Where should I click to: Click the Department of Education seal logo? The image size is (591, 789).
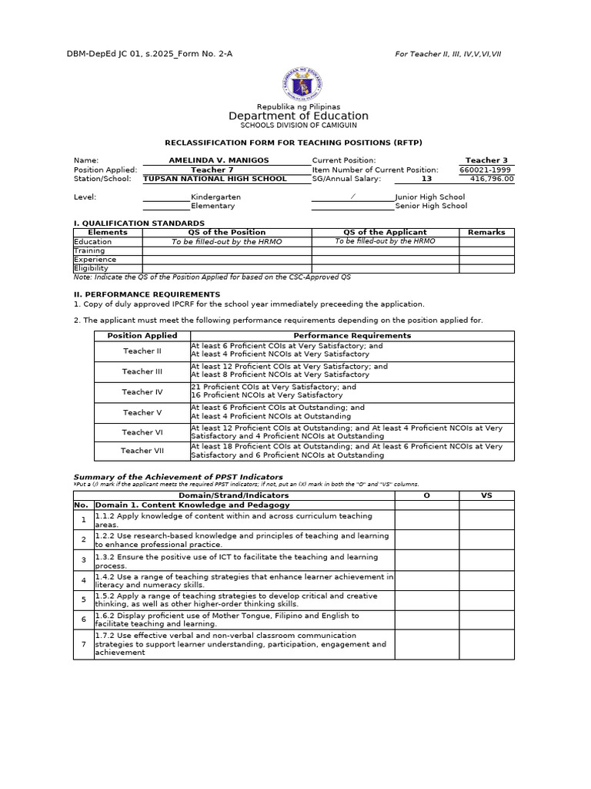coord(302,84)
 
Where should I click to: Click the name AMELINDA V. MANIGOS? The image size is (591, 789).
coord(219,160)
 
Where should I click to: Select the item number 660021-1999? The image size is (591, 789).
coord(486,170)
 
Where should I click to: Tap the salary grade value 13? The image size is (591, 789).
coord(426,179)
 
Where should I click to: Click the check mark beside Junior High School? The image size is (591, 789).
coord(352,196)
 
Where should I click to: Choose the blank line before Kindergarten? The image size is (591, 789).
coord(166,197)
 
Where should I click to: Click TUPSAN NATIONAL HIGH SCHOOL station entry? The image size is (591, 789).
coord(215,179)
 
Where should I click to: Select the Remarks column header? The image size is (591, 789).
coord(486,232)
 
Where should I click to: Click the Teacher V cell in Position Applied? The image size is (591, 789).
coord(142,412)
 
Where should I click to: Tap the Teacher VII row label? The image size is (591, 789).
coord(142,451)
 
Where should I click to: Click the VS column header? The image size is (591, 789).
coord(486,495)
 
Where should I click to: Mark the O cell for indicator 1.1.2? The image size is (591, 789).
coord(426,520)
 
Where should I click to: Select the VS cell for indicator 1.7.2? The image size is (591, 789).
coord(486,644)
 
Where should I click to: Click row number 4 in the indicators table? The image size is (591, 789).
coord(83,580)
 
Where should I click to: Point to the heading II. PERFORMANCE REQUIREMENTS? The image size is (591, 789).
coord(146,294)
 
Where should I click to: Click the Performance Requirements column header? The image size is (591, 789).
coord(352,336)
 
